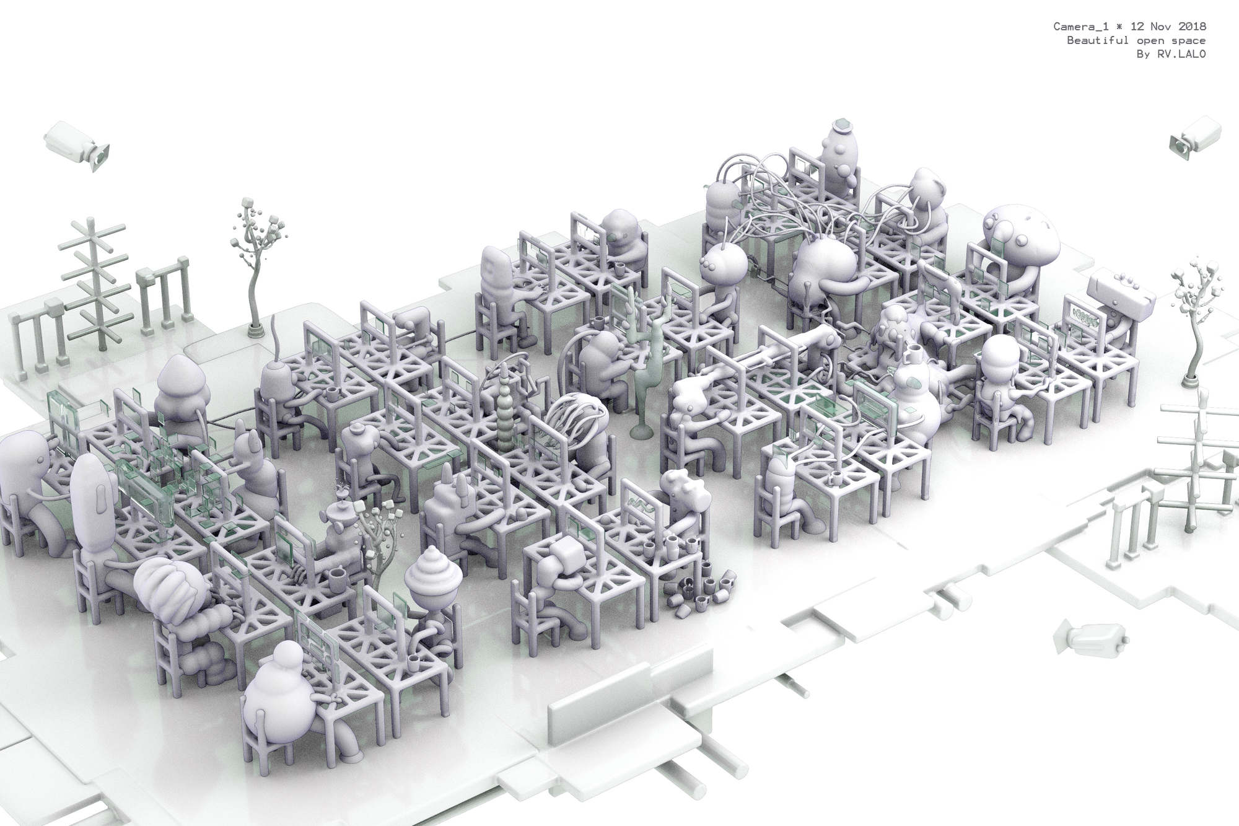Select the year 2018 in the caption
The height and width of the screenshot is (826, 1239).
[1192, 26]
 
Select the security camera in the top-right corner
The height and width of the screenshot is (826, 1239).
[1195, 137]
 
